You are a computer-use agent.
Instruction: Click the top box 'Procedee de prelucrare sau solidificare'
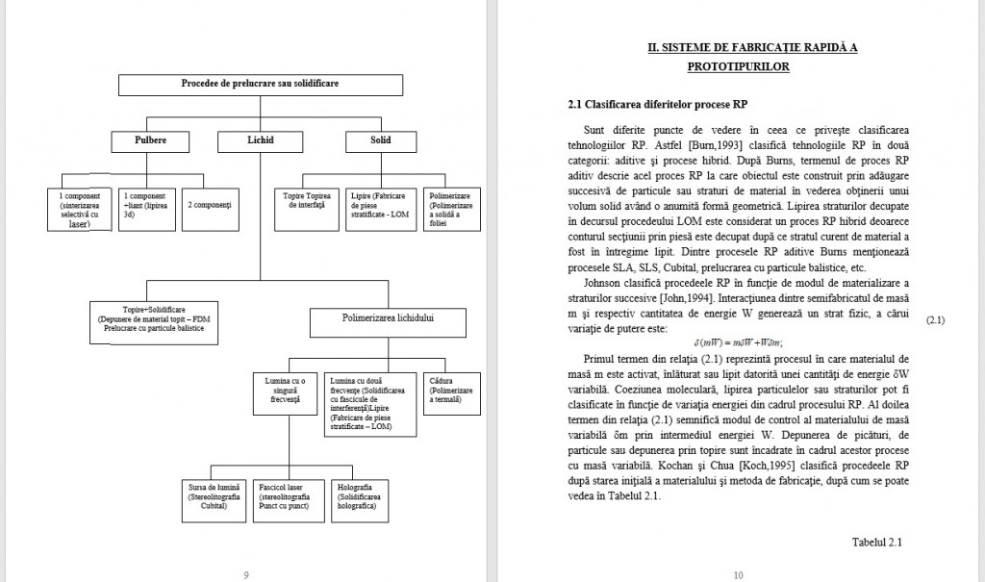tap(260, 85)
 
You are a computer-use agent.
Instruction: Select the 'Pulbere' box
tap(150, 140)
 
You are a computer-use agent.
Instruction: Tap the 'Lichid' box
tap(260, 140)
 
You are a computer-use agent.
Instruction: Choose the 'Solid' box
tap(380, 140)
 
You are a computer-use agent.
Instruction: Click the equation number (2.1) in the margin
tap(935, 319)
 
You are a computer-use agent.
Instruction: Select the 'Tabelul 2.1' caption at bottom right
tap(876, 543)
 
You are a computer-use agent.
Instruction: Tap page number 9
tap(246, 575)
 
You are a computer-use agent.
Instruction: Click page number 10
tap(738, 575)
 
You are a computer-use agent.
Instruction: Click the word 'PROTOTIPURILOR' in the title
tap(738, 67)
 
